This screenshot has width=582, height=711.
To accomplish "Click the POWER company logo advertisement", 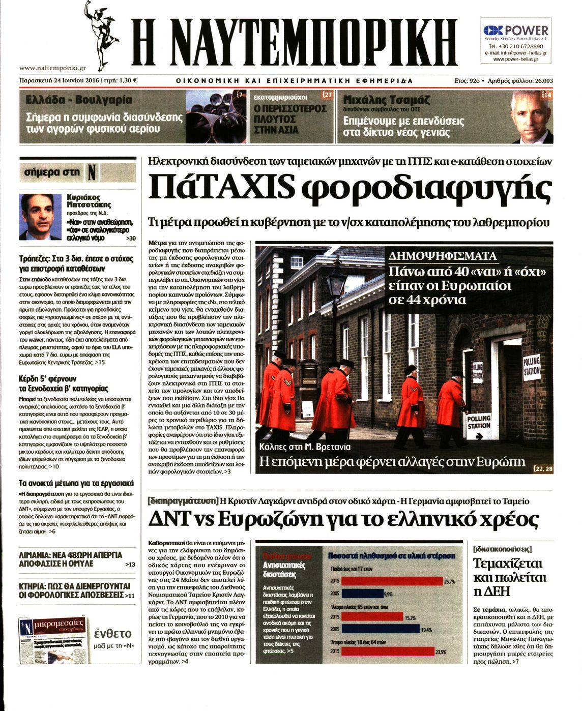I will pos(516,31).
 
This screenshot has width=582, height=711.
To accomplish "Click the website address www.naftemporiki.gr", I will pos(52,68).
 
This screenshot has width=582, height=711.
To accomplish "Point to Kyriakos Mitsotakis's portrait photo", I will pos(40,217).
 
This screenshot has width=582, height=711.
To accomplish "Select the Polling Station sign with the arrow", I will pos(479,422).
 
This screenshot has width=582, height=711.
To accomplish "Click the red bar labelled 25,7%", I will pos(392,581).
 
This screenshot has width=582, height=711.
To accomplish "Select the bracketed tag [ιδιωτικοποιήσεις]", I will pos(502,549).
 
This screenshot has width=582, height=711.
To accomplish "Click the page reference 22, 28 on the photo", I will pos(542,468).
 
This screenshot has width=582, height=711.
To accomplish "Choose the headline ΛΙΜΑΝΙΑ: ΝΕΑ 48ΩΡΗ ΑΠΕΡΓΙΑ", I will pos(70,555).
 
